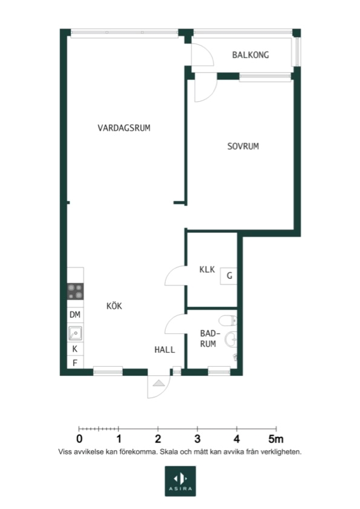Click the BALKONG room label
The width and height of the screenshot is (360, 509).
250,55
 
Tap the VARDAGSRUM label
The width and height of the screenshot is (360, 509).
124,128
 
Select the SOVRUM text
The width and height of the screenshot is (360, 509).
243,146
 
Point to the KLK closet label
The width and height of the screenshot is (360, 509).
207,269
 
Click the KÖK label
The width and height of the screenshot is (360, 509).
114,306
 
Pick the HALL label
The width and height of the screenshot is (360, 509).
165,350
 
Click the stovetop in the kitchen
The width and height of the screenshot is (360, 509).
75,292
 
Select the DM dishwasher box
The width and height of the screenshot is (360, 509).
75,315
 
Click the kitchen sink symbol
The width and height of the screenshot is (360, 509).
75,333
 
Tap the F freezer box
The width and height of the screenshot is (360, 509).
75,363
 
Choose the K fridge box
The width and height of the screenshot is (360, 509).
75,349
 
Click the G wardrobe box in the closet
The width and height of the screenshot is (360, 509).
229,276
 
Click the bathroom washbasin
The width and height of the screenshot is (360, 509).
232,339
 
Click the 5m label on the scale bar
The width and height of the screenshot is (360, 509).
276,439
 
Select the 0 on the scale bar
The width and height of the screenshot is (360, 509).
79,439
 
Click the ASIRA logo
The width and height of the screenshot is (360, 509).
180,481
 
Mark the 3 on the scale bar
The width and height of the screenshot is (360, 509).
197,439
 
